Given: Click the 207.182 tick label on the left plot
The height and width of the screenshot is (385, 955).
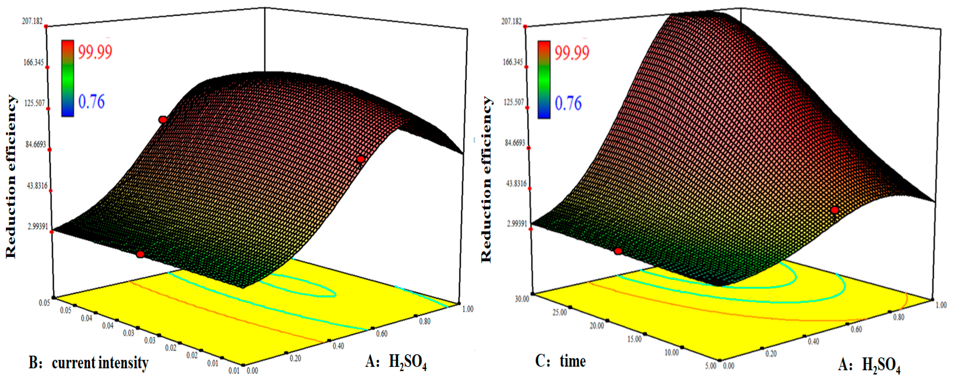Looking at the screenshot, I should click(32, 21).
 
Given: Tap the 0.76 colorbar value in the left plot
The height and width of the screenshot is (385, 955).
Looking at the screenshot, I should click(91, 102).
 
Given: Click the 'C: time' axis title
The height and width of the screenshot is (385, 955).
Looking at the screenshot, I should click(560, 361).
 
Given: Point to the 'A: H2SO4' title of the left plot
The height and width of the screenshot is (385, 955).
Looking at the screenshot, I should click(396, 362).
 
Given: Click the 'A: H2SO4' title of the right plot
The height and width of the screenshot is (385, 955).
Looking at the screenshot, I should click(869, 365).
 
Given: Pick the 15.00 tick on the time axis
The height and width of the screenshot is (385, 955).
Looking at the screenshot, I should click(634, 339).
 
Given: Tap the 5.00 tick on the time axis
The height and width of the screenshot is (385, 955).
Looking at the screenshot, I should click(711, 366).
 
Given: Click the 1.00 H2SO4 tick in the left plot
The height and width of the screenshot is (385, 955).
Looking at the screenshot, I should click(468, 309).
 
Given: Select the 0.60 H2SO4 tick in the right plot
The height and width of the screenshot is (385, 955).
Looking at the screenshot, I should click(856, 329).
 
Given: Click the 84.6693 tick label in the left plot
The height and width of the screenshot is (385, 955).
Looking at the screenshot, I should click(36, 144).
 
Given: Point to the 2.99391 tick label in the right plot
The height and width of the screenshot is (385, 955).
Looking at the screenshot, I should click(517, 224).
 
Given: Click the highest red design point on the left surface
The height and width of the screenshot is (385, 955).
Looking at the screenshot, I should click(163, 120).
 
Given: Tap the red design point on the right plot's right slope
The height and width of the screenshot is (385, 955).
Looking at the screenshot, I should click(834, 210).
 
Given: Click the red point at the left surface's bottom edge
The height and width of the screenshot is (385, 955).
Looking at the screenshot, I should click(140, 254).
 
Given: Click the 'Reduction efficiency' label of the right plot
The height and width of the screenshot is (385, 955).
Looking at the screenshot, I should click(486, 180).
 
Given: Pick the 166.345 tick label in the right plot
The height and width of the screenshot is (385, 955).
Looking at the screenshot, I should click(512, 62).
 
